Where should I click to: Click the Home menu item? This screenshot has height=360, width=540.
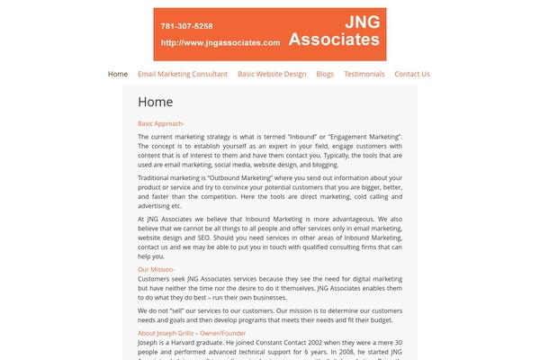click(x=118, y=74)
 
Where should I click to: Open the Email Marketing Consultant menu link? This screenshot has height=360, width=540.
click(x=183, y=74)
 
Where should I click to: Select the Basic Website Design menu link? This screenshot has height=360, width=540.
click(x=272, y=74)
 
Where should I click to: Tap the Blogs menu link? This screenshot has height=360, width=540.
click(x=325, y=74)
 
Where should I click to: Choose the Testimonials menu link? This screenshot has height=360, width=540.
click(x=364, y=74)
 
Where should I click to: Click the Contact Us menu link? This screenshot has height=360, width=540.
click(x=412, y=74)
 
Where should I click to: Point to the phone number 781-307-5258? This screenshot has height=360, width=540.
click(x=187, y=26)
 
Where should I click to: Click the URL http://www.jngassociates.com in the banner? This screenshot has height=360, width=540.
click(x=220, y=42)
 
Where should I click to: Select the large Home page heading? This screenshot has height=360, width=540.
click(x=156, y=102)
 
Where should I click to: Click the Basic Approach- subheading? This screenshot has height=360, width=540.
click(x=161, y=123)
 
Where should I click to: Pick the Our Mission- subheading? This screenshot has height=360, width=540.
click(x=157, y=269)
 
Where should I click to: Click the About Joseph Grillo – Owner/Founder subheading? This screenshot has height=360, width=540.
click(x=192, y=333)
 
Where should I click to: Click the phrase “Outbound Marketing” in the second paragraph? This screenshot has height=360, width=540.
click(x=241, y=177)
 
